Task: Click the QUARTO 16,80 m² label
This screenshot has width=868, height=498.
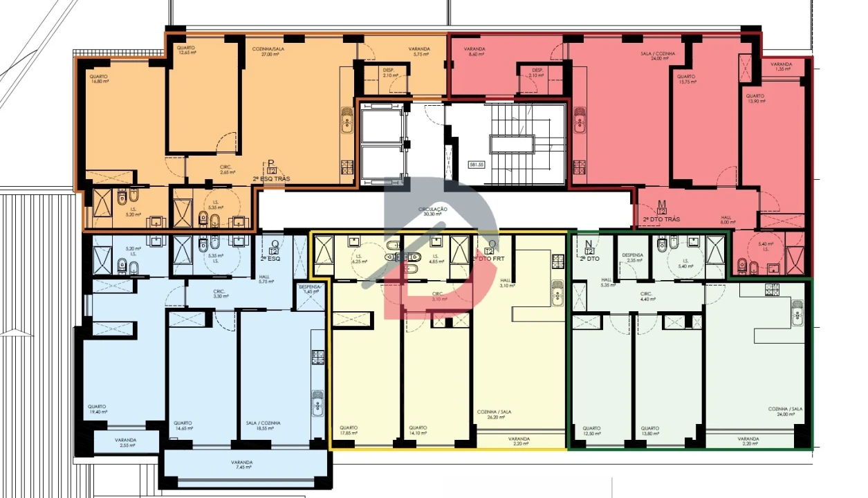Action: (x=99, y=78)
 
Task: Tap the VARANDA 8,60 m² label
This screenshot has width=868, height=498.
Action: (x=474, y=52)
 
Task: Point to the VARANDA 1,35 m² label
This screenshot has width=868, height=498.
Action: (x=783, y=66)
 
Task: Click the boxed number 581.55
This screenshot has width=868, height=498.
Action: (x=477, y=165)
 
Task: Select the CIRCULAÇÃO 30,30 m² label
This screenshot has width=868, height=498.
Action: (x=433, y=211)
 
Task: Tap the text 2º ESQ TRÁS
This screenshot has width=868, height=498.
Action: (x=271, y=178)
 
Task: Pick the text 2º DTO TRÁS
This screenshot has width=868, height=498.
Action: (x=661, y=219)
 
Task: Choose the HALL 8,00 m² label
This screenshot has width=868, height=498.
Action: (x=726, y=220)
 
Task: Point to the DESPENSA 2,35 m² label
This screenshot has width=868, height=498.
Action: (x=633, y=257)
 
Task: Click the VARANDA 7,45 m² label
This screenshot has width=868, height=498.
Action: (x=242, y=465)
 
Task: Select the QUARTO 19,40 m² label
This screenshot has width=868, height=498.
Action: (x=98, y=409)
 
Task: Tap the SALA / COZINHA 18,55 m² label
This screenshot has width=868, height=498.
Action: (x=264, y=425)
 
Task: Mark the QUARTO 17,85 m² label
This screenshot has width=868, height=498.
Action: (x=349, y=430)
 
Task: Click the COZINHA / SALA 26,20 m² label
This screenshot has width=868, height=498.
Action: (x=494, y=414)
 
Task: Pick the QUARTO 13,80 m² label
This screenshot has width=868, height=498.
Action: (x=649, y=430)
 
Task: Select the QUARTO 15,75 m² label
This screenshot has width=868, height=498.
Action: (x=685, y=80)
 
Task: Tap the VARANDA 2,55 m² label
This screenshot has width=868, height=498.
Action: (x=125, y=443)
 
